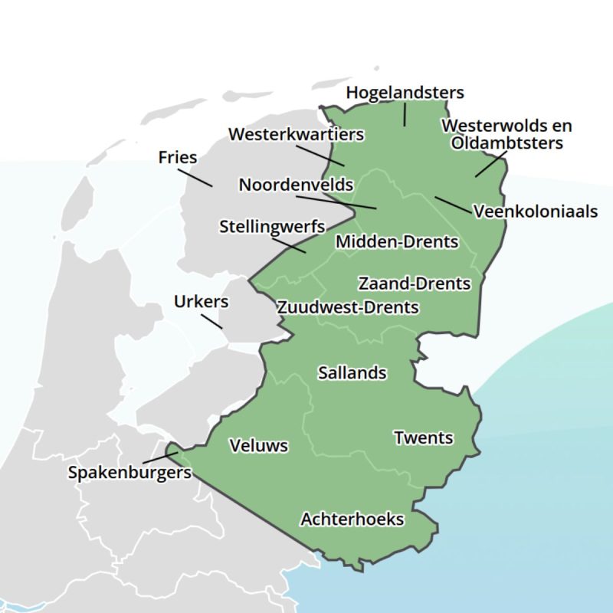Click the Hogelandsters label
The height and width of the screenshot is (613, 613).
pos(405,93)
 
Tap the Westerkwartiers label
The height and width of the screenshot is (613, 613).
pos(296,134)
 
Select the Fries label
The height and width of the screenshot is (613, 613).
pos(178,158)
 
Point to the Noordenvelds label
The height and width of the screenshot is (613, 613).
pos(296,185)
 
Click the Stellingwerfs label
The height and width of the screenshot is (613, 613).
pos(272,227)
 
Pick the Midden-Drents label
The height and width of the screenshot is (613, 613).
pos(397,242)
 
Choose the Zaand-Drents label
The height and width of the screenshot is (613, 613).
pos(414,284)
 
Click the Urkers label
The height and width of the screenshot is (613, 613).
pos(201,301)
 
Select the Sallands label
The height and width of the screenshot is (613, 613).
pos(352,373)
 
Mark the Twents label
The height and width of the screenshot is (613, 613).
pos(423,438)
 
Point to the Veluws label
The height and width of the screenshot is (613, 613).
pos(259,445)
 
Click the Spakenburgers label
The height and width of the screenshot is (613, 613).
pos(129,473)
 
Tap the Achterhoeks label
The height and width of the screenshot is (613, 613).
pos(352,520)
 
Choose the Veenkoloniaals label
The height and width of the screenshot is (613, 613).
pos(536,211)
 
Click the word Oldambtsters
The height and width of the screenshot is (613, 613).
pos(506,143)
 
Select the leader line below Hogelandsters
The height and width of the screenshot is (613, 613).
pos(405,114)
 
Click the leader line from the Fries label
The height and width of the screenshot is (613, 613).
pos(197,177)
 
